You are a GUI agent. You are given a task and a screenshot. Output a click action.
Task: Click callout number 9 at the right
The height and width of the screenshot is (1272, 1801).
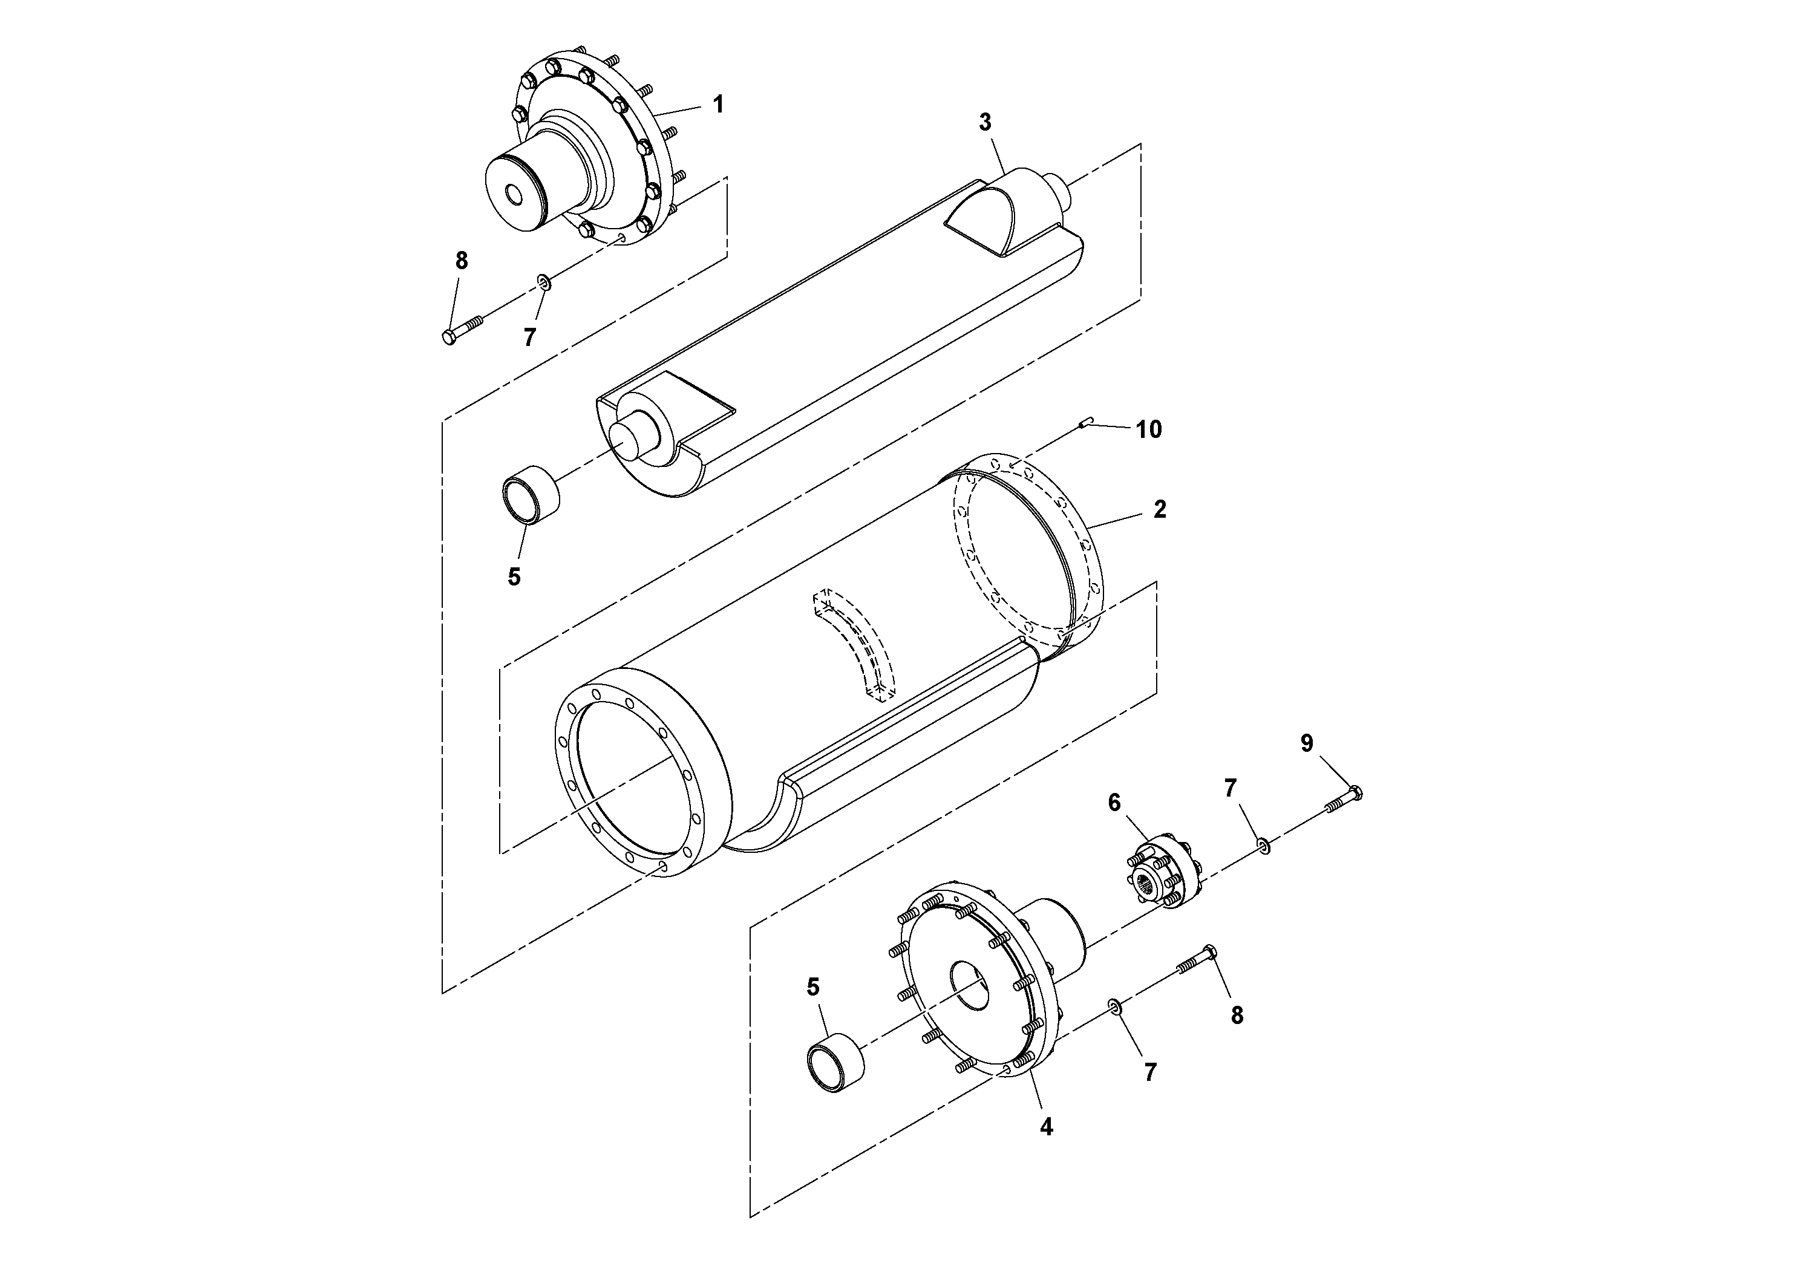[1306, 743]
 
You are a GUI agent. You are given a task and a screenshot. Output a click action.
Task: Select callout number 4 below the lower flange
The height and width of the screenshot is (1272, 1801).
[1045, 1127]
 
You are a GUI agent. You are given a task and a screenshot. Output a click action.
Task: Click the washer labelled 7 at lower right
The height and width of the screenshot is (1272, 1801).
[1114, 1006]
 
